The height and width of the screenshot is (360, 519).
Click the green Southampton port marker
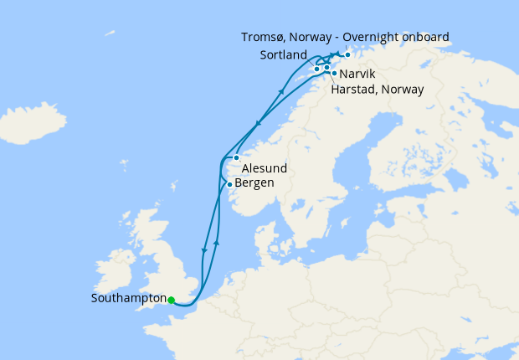pos(171,300)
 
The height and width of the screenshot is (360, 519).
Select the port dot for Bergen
pos(229,184)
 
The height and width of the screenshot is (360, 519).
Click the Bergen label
pos(254,183)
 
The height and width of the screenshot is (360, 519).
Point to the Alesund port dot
pos(237,157)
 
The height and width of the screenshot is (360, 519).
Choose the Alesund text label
pos(265,168)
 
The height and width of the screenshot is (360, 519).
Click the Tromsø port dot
pos(347,54)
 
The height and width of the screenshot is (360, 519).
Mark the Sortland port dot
pos(316,69)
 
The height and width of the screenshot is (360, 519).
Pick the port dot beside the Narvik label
pos(334,73)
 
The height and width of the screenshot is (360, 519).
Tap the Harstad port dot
pos(326,66)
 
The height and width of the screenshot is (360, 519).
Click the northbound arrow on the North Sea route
pos(217,242)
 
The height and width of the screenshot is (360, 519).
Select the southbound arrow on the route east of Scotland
pos(203,249)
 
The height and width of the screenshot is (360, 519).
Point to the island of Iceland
pos(33,124)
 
